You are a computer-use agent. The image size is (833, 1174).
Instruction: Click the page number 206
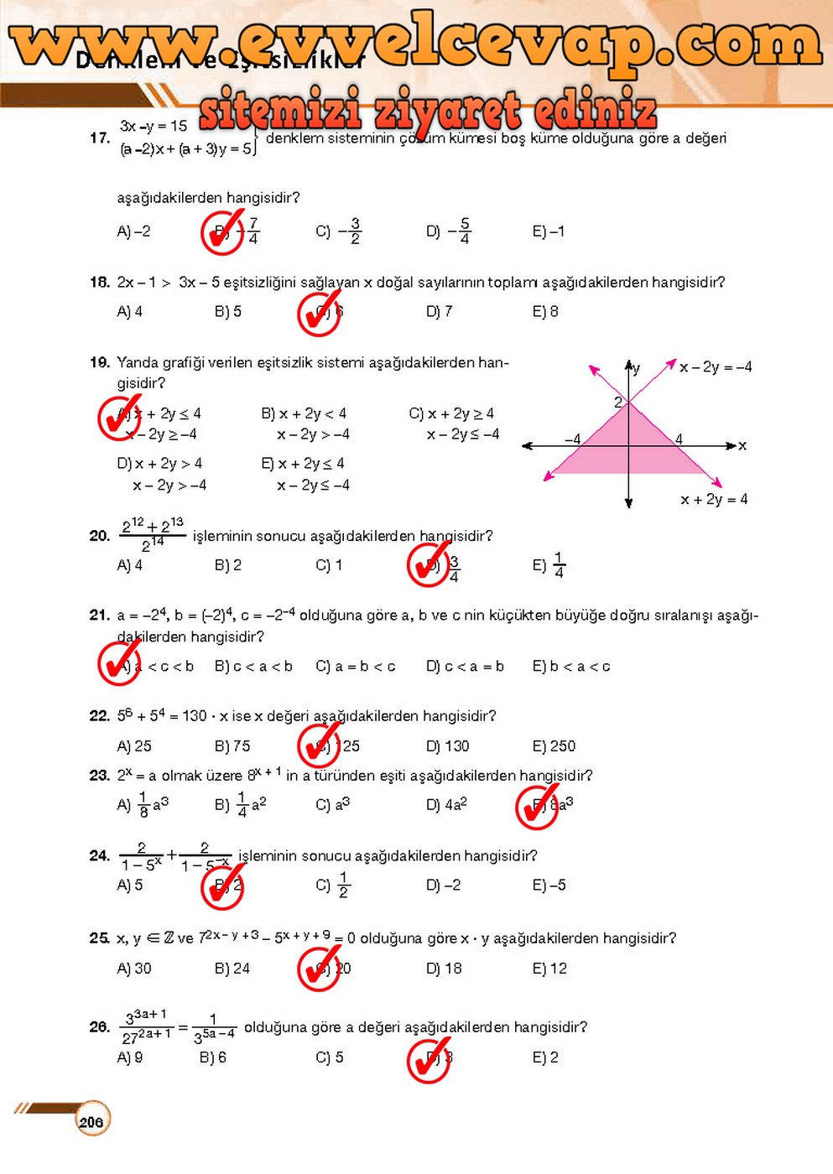[x=91, y=1121]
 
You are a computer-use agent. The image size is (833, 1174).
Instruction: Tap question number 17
[x=100, y=138]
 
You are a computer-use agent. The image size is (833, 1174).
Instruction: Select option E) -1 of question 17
[x=549, y=231]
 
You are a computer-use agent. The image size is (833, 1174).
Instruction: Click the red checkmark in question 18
[x=320, y=313]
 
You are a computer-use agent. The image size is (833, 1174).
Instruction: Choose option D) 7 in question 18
[x=439, y=312]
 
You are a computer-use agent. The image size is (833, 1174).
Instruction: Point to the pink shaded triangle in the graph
[x=629, y=440]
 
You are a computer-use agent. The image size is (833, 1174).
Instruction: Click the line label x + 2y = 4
[x=714, y=500]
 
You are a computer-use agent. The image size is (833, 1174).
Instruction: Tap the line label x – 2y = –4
[x=716, y=367]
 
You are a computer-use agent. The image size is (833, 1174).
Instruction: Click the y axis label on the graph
[x=637, y=368]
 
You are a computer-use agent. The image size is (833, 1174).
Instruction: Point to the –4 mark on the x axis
[x=572, y=439]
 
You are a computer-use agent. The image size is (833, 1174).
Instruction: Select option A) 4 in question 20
[x=129, y=566]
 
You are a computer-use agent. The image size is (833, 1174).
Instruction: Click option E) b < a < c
[x=571, y=667]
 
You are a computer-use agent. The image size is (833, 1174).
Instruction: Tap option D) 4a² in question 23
[x=445, y=804]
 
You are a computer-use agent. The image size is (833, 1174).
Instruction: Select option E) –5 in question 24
[x=549, y=886]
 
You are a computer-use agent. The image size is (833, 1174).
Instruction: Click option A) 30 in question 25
[x=134, y=969]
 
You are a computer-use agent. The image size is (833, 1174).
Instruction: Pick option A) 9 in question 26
[x=129, y=1058]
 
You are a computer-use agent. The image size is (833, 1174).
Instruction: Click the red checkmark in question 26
[x=430, y=1059]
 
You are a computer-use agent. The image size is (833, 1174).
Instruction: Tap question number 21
[x=100, y=616]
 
